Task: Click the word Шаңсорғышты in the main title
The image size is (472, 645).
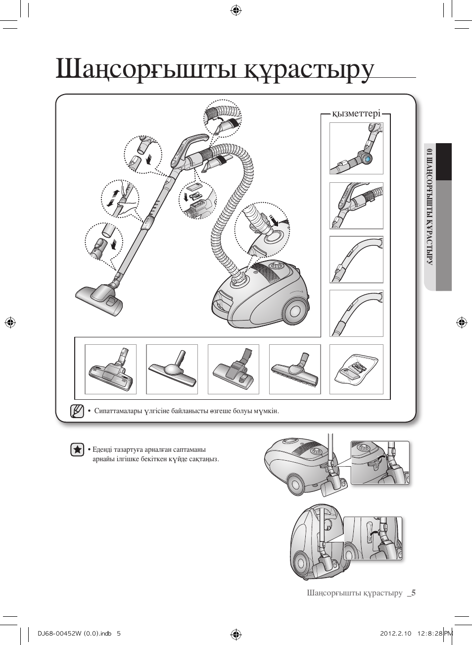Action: point(148,69)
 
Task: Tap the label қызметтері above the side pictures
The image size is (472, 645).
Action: point(356,113)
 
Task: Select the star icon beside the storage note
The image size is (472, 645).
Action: point(77,450)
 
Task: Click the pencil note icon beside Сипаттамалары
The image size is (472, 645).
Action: point(77,411)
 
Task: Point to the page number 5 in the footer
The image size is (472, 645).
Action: point(413,593)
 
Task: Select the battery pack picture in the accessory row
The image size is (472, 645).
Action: point(356,370)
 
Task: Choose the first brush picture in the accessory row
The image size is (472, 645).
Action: point(110,370)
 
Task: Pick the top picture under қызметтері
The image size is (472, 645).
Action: point(356,149)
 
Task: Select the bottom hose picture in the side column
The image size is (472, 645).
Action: point(356,314)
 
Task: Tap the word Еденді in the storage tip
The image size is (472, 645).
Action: point(102,450)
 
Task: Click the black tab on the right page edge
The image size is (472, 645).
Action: point(444,161)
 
